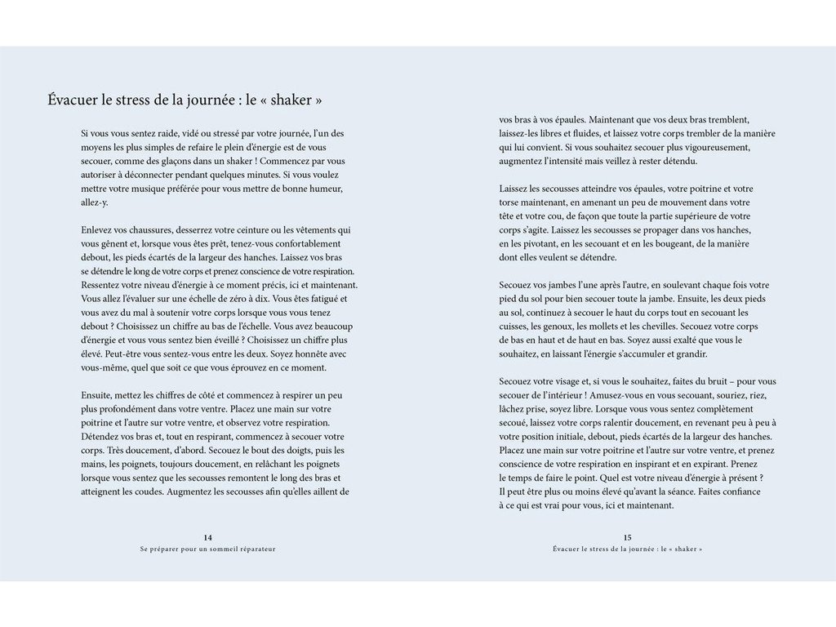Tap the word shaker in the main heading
pyautogui.click(x=291, y=100)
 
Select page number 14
pyautogui.click(x=208, y=537)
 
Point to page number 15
pyautogui.click(x=627, y=537)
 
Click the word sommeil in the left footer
pyautogui.click(x=215, y=549)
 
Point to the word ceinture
pyautogui.click(x=257, y=229)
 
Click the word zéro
pyautogui.click(x=242, y=299)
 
